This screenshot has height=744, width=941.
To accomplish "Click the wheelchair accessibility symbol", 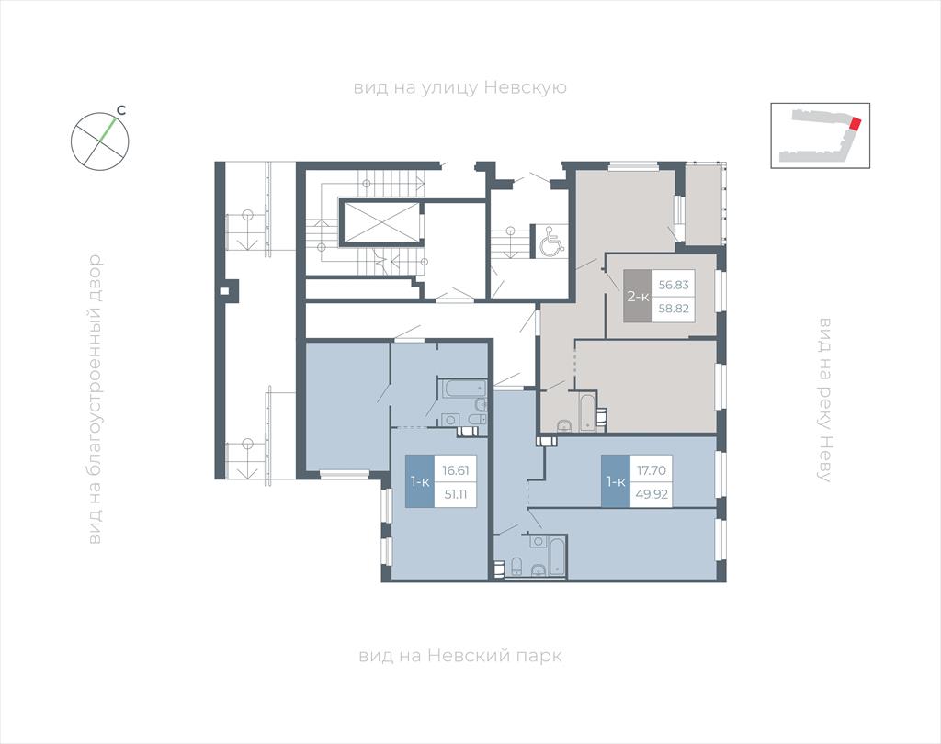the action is tap(550, 242).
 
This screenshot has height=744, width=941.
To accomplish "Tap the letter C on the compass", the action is tap(121, 110).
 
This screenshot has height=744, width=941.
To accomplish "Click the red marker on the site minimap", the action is tap(856, 124).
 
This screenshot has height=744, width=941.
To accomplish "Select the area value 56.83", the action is tap(674, 285).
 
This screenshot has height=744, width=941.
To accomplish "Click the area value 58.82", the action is tap(674, 309).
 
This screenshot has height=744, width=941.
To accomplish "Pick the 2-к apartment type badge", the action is tap(638, 296).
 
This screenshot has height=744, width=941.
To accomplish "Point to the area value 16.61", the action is tap(456, 470).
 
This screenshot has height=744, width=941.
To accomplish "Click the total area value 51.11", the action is tap(456, 495).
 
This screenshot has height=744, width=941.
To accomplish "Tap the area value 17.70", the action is tap(652, 470).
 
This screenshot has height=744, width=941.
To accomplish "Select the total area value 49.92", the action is tap(652, 495).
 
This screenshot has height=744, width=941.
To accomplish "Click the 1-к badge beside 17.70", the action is tap(616, 482).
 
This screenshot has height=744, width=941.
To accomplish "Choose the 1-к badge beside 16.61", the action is tap(420, 482).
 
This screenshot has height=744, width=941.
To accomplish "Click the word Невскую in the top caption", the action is tap(525, 87).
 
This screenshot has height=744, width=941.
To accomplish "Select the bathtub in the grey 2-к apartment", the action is tap(586, 411).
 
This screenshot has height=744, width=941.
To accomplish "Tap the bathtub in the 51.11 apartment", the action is tap(464, 389).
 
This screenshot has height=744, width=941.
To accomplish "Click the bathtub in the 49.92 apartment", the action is tap(557, 557).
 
